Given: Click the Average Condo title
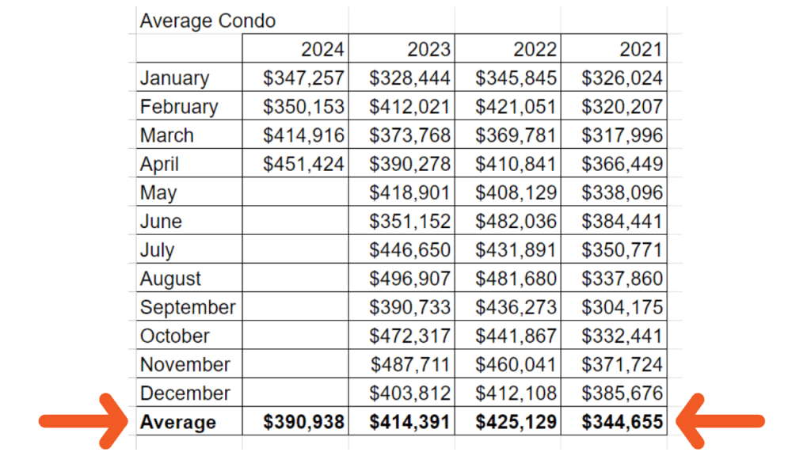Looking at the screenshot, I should (x=208, y=21).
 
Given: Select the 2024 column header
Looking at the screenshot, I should (x=322, y=49).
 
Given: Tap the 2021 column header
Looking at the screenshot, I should (x=641, y=49).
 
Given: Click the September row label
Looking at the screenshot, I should (x=188, y=307).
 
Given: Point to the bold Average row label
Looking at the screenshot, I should (x=178, y=422).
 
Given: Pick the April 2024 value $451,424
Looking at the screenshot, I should (x=304, y=164).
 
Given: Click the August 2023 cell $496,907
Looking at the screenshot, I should (x=410, y=279).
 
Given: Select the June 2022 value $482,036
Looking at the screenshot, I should (x=516, y=221).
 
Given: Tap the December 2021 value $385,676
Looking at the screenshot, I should (x=623, y=393).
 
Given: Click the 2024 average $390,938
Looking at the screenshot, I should (x=304, y=422).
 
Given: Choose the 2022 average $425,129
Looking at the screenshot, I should (x=516, y=422).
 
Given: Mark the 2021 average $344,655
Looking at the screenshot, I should (x=623, y=422).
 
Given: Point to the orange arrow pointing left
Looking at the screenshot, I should (x=724, y=420).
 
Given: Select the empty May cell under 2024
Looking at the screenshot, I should (x=295, y=192).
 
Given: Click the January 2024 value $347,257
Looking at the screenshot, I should (x=304, y=78).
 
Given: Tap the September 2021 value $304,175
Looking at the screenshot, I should (x=623, y=307).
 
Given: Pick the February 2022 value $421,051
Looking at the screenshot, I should (x=516, y=106).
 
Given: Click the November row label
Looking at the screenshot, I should (x=185, y=365).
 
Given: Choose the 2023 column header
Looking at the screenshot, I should (x=428, y=49).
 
